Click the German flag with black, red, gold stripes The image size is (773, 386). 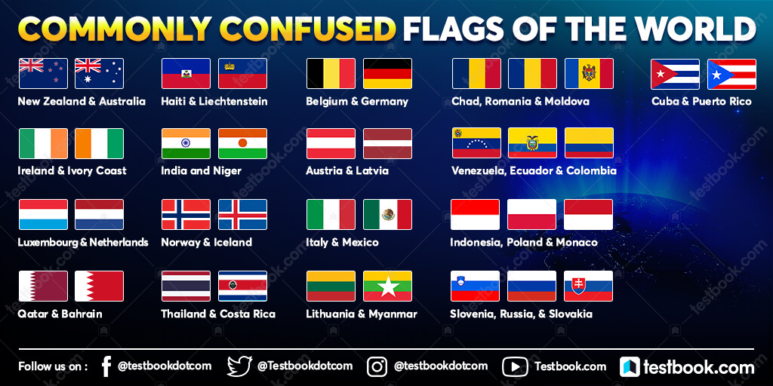point(387,74)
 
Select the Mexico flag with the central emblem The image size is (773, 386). point(387,214)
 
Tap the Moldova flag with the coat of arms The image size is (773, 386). point(589,74)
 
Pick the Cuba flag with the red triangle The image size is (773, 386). point(675,74)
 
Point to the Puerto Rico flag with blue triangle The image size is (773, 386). point(731,74)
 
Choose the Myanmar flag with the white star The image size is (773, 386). point(387,286)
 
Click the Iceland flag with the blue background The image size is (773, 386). point(242,214)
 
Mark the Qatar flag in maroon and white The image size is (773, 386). point(43,286)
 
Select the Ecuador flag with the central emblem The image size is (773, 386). point(532,143)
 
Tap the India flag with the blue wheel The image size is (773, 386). point(186,143)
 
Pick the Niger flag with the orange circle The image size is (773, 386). point(242,143)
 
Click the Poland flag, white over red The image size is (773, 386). point(531,214)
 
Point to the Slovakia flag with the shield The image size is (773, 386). point(588,286)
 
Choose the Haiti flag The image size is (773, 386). point(186,74)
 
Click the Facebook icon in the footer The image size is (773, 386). point(106,366)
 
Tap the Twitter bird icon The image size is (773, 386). point(240,366)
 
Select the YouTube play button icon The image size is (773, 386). point(515,366)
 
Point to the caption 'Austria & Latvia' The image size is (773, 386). point(347,171)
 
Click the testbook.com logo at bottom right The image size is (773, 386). point(687,367)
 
